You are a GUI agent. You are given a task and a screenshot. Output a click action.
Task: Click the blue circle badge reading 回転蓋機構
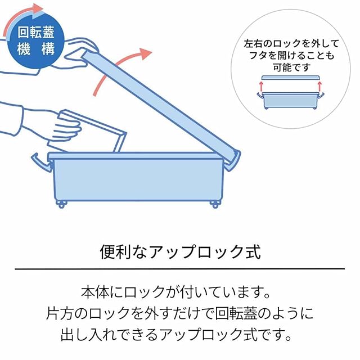pyautogui.click(x=35, y=41)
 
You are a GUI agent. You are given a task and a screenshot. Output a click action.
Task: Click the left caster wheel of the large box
pyautogui.click(x=61, y=204)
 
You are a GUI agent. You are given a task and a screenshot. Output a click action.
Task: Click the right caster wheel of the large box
pyautogui.click(x=215, y=204)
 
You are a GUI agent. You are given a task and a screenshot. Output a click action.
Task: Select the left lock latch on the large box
pyautogui.click(x=42, y=163)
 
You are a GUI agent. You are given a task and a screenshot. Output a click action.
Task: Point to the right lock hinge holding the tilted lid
pyautogui.click(x=232, y=161)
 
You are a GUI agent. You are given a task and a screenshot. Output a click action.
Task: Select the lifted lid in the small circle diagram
pyautogui.click(x=290, y=78)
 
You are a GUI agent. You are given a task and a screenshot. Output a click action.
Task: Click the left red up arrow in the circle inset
pyautogui.click(x=261, y=86)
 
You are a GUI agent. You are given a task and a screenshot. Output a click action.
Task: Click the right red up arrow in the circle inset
pyautogui.click(x=319, y=86)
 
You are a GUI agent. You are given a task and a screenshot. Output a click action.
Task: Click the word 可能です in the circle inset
pyautogui.click(x=291, y=67)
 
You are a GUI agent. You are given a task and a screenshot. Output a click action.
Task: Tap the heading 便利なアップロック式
pyautogui.click(x=180, y=252)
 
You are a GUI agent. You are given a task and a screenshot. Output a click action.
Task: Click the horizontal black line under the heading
pyautogui.click(x=180, y=269)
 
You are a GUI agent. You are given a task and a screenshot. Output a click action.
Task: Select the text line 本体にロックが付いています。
pyautogui.click(x=175, y=292)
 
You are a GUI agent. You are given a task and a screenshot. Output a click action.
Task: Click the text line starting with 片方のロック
pyautogui.click(x=180, y=313)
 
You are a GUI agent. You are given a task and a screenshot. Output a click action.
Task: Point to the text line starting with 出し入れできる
pyautogui.click(x=176, y=335)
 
